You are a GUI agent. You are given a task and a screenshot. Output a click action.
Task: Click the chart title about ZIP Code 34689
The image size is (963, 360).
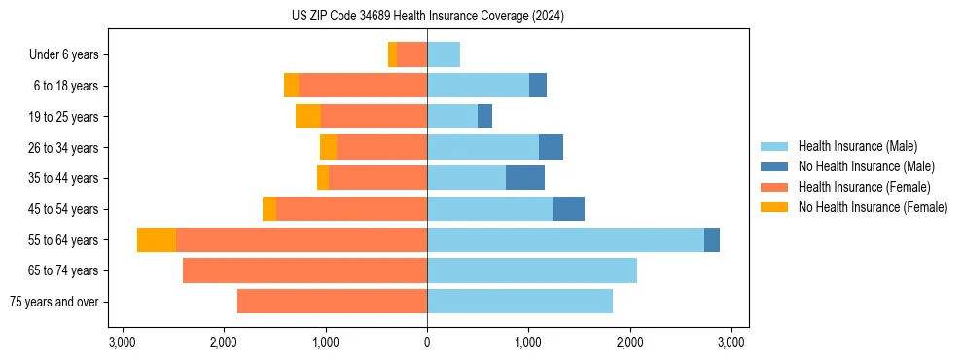click(428, 16)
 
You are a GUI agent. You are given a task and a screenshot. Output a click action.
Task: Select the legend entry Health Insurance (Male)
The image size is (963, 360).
click(857, 146)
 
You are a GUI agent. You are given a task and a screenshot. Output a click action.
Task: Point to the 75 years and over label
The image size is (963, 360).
click(53, 302)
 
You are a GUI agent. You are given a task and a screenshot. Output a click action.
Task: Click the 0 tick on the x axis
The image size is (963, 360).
click(427, 342)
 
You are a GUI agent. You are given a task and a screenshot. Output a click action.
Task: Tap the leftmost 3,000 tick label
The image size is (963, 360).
click(123, 342)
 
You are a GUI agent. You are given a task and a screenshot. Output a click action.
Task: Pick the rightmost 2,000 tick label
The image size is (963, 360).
click(630, 342)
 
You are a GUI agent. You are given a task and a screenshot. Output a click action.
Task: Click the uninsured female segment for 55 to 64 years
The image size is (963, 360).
click(157, 239)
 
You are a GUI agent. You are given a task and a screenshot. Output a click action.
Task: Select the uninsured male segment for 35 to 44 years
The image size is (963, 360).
click(525, 178)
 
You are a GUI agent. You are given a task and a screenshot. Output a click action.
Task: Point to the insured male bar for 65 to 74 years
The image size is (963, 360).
click(532, 270)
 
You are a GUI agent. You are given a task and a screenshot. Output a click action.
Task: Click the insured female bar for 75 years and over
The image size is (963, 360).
click(332, 302)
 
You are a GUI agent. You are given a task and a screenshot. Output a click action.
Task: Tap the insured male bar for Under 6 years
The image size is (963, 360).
click(444, 54)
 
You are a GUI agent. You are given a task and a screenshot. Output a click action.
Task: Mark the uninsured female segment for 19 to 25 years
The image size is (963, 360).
click(308, 117)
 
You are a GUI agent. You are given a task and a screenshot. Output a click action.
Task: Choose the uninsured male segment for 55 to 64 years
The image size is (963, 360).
click(712, 239)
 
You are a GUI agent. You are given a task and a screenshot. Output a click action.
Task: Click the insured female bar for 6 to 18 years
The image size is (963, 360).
click(363, 86)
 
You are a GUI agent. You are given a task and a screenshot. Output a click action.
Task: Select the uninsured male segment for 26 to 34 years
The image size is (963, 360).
click(551, 147)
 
